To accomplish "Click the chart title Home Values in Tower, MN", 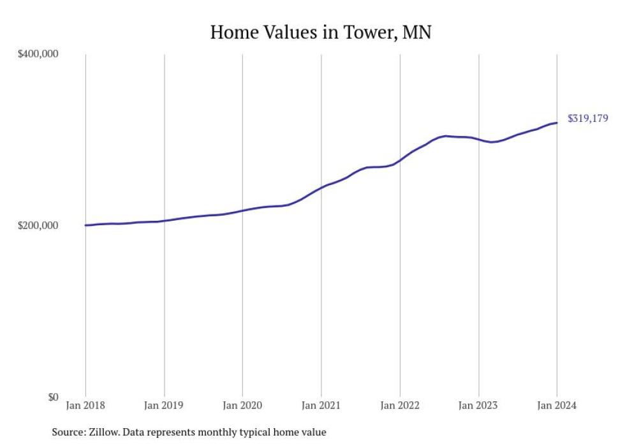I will (x=321, y=32).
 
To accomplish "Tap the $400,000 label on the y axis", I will (x=37, y=54).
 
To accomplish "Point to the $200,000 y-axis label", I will (x=37, y=225).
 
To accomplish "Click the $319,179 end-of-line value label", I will (x=587, y=118).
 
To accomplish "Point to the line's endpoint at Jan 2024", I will (x=557, y=123).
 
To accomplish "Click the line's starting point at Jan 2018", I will (x=85, y=225).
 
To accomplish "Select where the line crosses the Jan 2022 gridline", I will (x=400, y=160).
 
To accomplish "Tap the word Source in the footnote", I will (x=68, y=433).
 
